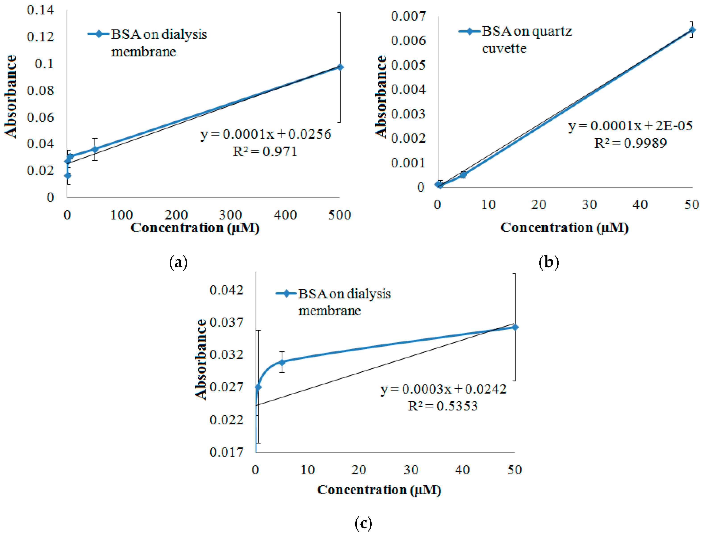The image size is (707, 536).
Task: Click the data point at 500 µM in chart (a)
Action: [x=340, y=67]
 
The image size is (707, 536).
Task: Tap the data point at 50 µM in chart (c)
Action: [x=515, y=327]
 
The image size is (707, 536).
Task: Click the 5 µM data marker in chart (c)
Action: [x=282, y=362]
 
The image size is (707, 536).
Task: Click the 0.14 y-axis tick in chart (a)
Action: [x=40, y=10]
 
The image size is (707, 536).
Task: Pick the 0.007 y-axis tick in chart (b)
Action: [x=408, y=16]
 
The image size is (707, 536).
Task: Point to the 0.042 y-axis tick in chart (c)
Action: [x=226, y=290]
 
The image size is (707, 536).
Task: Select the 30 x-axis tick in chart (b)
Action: [x=589, y=205]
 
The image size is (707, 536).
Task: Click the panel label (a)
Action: [x=178, y=263]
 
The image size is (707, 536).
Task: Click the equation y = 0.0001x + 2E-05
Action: [x=630, y=126]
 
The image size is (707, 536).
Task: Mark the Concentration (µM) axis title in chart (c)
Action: [x=379, y=490]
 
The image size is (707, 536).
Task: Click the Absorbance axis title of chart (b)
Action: [x=381, y=97]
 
